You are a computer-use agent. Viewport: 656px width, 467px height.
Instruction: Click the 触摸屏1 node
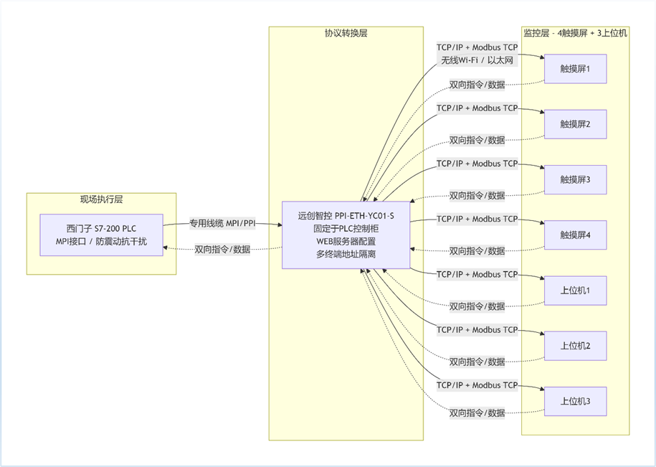pos(575,69)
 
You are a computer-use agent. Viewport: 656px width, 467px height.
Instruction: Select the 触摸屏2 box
pos(575,124)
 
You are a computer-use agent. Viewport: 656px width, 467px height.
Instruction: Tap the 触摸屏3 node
pos(575,179)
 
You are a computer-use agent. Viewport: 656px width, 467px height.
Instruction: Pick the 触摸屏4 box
pos(575,235)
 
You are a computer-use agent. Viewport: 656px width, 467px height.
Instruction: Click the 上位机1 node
pos(575,291)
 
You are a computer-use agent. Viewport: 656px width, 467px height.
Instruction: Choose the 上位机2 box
pos(575,346)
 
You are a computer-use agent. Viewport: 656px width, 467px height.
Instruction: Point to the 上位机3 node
pos(575,401)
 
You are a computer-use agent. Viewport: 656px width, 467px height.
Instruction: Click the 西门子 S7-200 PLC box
pos(101,235)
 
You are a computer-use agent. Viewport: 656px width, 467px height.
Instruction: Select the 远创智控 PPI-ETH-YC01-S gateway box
pos(346,235)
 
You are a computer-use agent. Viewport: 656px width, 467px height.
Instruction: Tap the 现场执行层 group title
pos(101,199)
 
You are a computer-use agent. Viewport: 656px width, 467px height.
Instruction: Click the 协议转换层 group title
pos(346,33)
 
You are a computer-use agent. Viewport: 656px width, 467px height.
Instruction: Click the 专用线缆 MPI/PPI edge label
pos(222,224)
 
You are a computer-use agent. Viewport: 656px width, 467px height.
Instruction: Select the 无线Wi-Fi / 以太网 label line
pos(477,60)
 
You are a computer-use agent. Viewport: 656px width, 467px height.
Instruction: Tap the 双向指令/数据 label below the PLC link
pos(222,250)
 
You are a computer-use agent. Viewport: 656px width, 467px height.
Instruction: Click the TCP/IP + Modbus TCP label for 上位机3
pos(477,385)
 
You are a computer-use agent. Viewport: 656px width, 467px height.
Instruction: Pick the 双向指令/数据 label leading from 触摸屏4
pos(477,250)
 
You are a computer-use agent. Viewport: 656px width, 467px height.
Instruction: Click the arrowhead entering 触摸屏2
pos(542,112)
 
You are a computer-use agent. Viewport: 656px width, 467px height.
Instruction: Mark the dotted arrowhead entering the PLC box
pos(166,247)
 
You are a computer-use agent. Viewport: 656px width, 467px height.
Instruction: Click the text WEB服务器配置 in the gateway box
pos(346,242)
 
